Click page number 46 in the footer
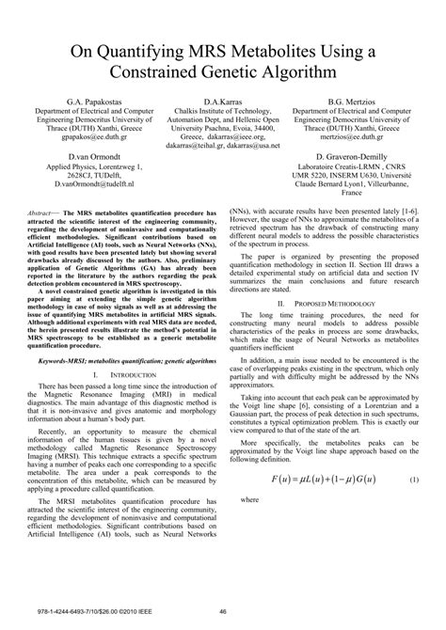pyautogui.click(x=223, y=613)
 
